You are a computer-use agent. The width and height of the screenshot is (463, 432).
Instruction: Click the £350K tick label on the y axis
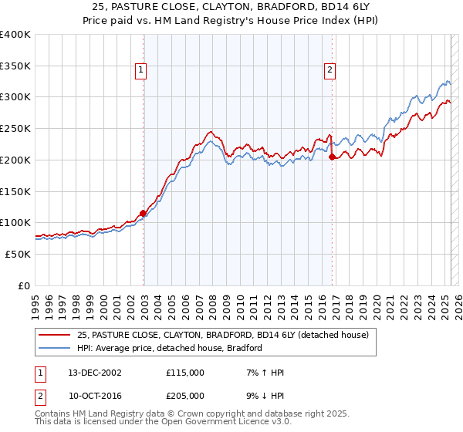pos(15,66)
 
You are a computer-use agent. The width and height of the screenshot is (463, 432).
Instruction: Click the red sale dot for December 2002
pos(143,214)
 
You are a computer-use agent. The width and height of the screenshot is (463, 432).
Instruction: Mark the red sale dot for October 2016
pos(332,157)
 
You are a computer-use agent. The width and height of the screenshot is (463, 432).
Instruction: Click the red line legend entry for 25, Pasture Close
pos(222,335)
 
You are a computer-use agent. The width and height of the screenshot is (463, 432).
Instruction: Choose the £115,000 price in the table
pos(185,373)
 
